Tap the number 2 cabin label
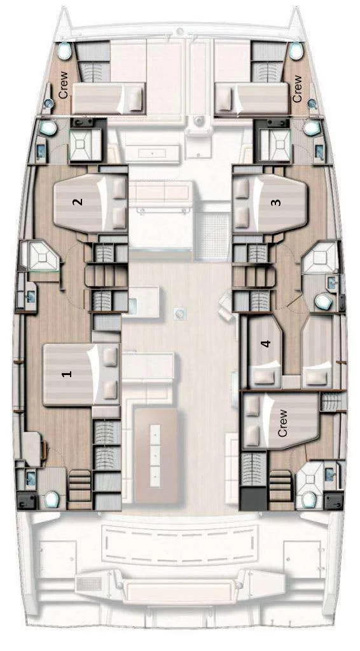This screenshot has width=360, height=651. [x=78, y=202]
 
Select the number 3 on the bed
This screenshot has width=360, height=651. [x=275, y=202]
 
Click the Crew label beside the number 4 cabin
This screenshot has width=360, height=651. [x=282, y=423]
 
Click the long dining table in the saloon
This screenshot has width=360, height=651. [x=155, y=455]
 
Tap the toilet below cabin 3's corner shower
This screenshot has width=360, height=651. [x=323, y=301]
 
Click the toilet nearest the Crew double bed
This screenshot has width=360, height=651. [x=308, y=500]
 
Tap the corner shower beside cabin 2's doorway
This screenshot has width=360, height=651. [x=41, y=256]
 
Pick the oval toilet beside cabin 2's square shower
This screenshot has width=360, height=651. [x=48, y=128]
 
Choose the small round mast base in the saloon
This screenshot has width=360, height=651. [x=179, y=313]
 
